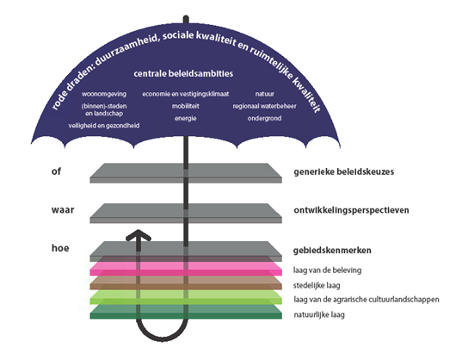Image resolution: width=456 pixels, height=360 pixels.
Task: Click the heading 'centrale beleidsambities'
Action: point(183,73)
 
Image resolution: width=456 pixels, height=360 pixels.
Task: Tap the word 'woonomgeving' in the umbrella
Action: point(104,94)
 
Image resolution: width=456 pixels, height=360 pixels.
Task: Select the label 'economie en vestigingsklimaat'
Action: point(186,94)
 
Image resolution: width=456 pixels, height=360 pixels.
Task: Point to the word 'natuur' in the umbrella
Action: point(265,94)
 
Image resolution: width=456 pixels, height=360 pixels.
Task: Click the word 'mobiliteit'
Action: point(186,106)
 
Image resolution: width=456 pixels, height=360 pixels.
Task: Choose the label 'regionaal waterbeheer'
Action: point(264,106)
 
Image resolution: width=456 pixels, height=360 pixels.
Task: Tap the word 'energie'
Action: point(186,119)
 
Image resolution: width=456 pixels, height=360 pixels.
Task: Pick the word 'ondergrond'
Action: point(264,119)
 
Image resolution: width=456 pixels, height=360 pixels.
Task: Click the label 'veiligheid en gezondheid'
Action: point(104,126)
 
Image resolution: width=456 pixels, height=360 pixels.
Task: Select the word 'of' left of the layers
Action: point(56,171)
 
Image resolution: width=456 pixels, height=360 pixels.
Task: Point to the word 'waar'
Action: point(63,210)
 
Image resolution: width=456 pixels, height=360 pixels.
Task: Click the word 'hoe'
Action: point(60,248)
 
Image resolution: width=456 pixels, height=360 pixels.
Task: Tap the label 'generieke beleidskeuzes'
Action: point(344,171)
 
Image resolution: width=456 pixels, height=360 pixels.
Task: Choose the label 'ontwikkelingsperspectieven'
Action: point(351,210)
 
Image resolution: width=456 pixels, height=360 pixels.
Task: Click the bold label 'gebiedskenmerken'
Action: point(332,251)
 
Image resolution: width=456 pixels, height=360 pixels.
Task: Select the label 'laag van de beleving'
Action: point(327,270)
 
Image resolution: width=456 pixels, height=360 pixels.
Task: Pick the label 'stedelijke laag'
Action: point(317,285)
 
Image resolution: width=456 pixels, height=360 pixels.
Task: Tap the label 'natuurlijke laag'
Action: point(319,314)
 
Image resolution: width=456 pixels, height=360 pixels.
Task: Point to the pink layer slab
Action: point(186,269)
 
